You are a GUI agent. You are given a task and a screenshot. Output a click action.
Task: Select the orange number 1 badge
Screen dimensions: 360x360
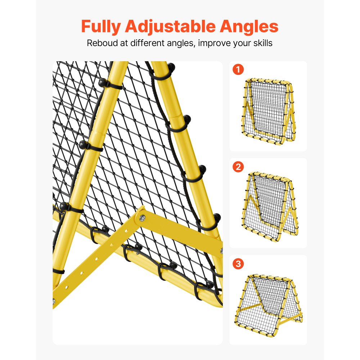(238, 69)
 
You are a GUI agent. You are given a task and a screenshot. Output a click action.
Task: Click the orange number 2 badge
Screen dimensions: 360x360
(238, 167)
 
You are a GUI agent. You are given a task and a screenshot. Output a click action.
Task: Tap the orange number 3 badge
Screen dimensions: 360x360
(238, 264)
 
